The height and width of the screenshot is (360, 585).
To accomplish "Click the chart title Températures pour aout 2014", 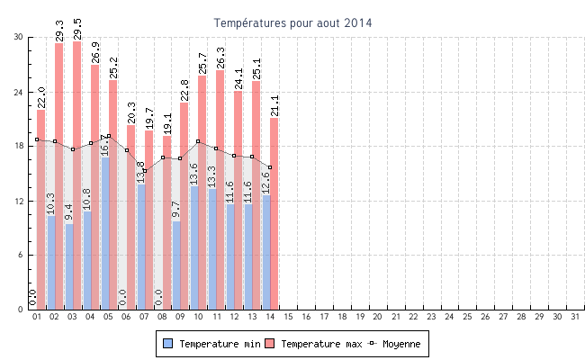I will coord(292,22).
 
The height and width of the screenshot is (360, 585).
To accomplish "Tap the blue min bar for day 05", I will coord(105,234).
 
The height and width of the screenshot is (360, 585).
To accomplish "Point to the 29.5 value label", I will coord(77,29).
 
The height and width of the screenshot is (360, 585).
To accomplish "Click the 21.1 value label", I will coord(274,105).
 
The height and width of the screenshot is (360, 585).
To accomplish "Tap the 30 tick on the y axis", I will coord(18,37).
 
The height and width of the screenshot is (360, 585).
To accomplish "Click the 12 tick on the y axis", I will coord(18,201).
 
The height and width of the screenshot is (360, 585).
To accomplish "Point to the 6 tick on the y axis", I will coord(21,256).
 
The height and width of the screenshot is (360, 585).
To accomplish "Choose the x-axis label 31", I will coord(575,317).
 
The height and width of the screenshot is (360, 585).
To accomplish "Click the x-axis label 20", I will coord(378,317).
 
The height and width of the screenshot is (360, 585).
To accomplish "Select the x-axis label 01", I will coord(37,317).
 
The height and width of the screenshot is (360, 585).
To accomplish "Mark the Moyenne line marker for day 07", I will coord(144,170).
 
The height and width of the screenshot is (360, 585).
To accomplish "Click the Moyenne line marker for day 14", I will coord(270,167).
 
